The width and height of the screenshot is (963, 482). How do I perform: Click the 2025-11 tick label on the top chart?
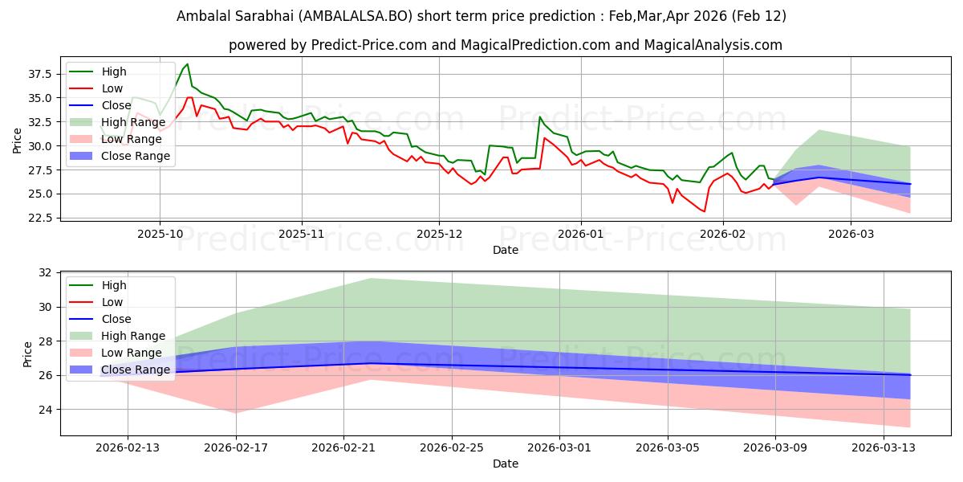coord(302,233)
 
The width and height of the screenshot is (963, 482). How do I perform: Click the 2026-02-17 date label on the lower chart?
coord(237,447)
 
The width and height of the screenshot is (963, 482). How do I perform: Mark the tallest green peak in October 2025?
coord(187,64)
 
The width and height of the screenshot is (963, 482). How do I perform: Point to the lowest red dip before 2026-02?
coord(705,211)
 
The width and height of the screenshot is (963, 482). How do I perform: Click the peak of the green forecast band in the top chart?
coord(819,130)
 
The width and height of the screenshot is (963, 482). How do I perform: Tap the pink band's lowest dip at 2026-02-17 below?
coord(237,413)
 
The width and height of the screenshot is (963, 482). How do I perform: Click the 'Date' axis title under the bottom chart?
coord(506,464)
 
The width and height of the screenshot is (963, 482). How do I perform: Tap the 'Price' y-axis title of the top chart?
coord(18,141)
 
